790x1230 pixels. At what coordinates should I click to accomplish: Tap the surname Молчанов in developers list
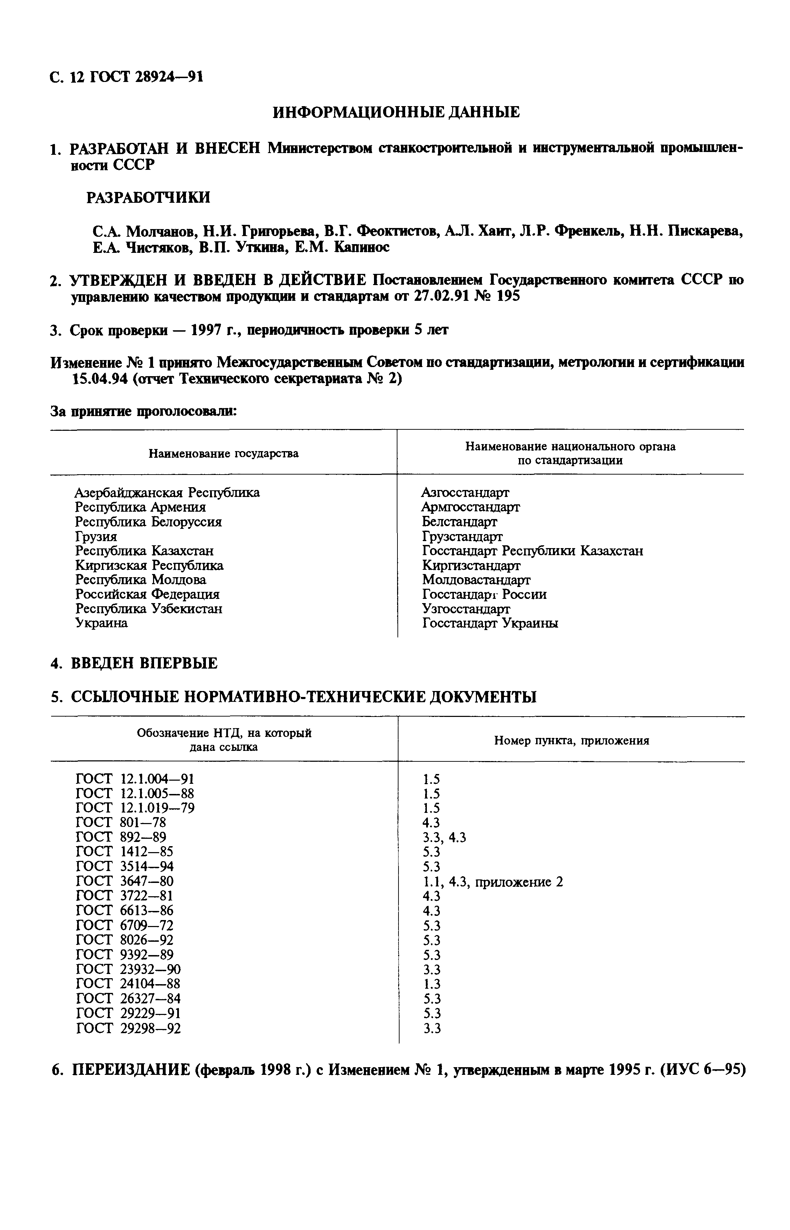[161, 232]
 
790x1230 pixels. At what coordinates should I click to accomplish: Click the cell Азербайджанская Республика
[167, 493]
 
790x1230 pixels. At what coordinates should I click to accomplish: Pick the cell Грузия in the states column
[96, 537]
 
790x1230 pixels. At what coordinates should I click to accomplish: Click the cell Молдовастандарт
[476, 580]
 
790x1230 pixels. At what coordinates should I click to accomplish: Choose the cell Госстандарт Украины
[490, 624]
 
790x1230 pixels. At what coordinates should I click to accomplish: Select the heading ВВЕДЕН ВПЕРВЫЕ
[144, 663]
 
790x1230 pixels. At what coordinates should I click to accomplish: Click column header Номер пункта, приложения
[571, 741]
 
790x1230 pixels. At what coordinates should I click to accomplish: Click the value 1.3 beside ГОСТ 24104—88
[431, 984]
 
